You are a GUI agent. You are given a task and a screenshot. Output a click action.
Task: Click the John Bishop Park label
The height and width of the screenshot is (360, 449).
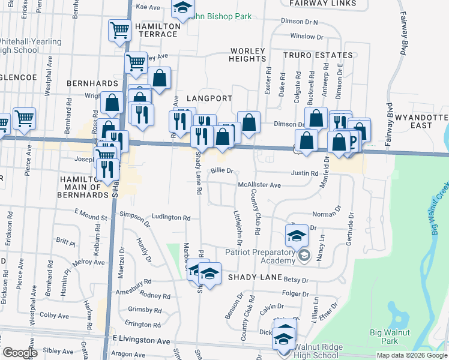pos(221,16)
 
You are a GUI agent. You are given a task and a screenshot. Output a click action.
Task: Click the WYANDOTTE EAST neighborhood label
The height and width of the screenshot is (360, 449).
pos(421,121)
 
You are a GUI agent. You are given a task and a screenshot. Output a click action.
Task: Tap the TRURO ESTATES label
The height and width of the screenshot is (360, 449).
pos(318,55)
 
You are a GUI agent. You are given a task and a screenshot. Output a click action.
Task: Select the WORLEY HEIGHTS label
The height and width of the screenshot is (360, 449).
pos(247,55)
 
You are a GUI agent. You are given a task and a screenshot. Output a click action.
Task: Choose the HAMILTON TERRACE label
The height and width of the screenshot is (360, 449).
pos(158,30)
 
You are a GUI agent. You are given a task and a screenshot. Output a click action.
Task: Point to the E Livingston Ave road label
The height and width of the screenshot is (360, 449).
pos(141,340)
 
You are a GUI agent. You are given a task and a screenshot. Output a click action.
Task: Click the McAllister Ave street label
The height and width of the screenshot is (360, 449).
pos(259,185)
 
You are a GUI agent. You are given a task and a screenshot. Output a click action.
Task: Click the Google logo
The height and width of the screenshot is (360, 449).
pos(20,353)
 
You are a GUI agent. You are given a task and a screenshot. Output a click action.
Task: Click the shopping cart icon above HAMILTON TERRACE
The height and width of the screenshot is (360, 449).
pos(119,29)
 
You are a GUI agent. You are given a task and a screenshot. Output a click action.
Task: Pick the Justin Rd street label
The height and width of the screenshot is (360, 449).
pos(304,173)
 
